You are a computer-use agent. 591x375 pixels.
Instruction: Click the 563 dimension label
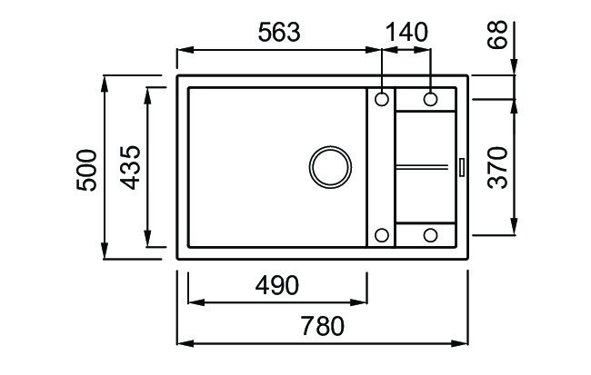[279, 32]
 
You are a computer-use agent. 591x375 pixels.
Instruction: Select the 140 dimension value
[407, 32]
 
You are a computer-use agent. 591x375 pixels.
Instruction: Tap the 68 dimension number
[497, 35]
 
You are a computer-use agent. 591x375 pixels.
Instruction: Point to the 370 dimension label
[497, 168]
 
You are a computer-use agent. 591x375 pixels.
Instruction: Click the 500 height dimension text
[86, 170]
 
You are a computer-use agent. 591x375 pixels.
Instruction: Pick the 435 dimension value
[130, 168]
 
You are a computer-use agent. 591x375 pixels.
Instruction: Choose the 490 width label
[277, 285]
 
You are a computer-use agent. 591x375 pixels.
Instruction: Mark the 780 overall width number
[323, 326]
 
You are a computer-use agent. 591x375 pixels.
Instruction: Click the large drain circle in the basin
[330, 167]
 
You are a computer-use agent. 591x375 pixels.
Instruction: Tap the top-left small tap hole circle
[382, 99]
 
